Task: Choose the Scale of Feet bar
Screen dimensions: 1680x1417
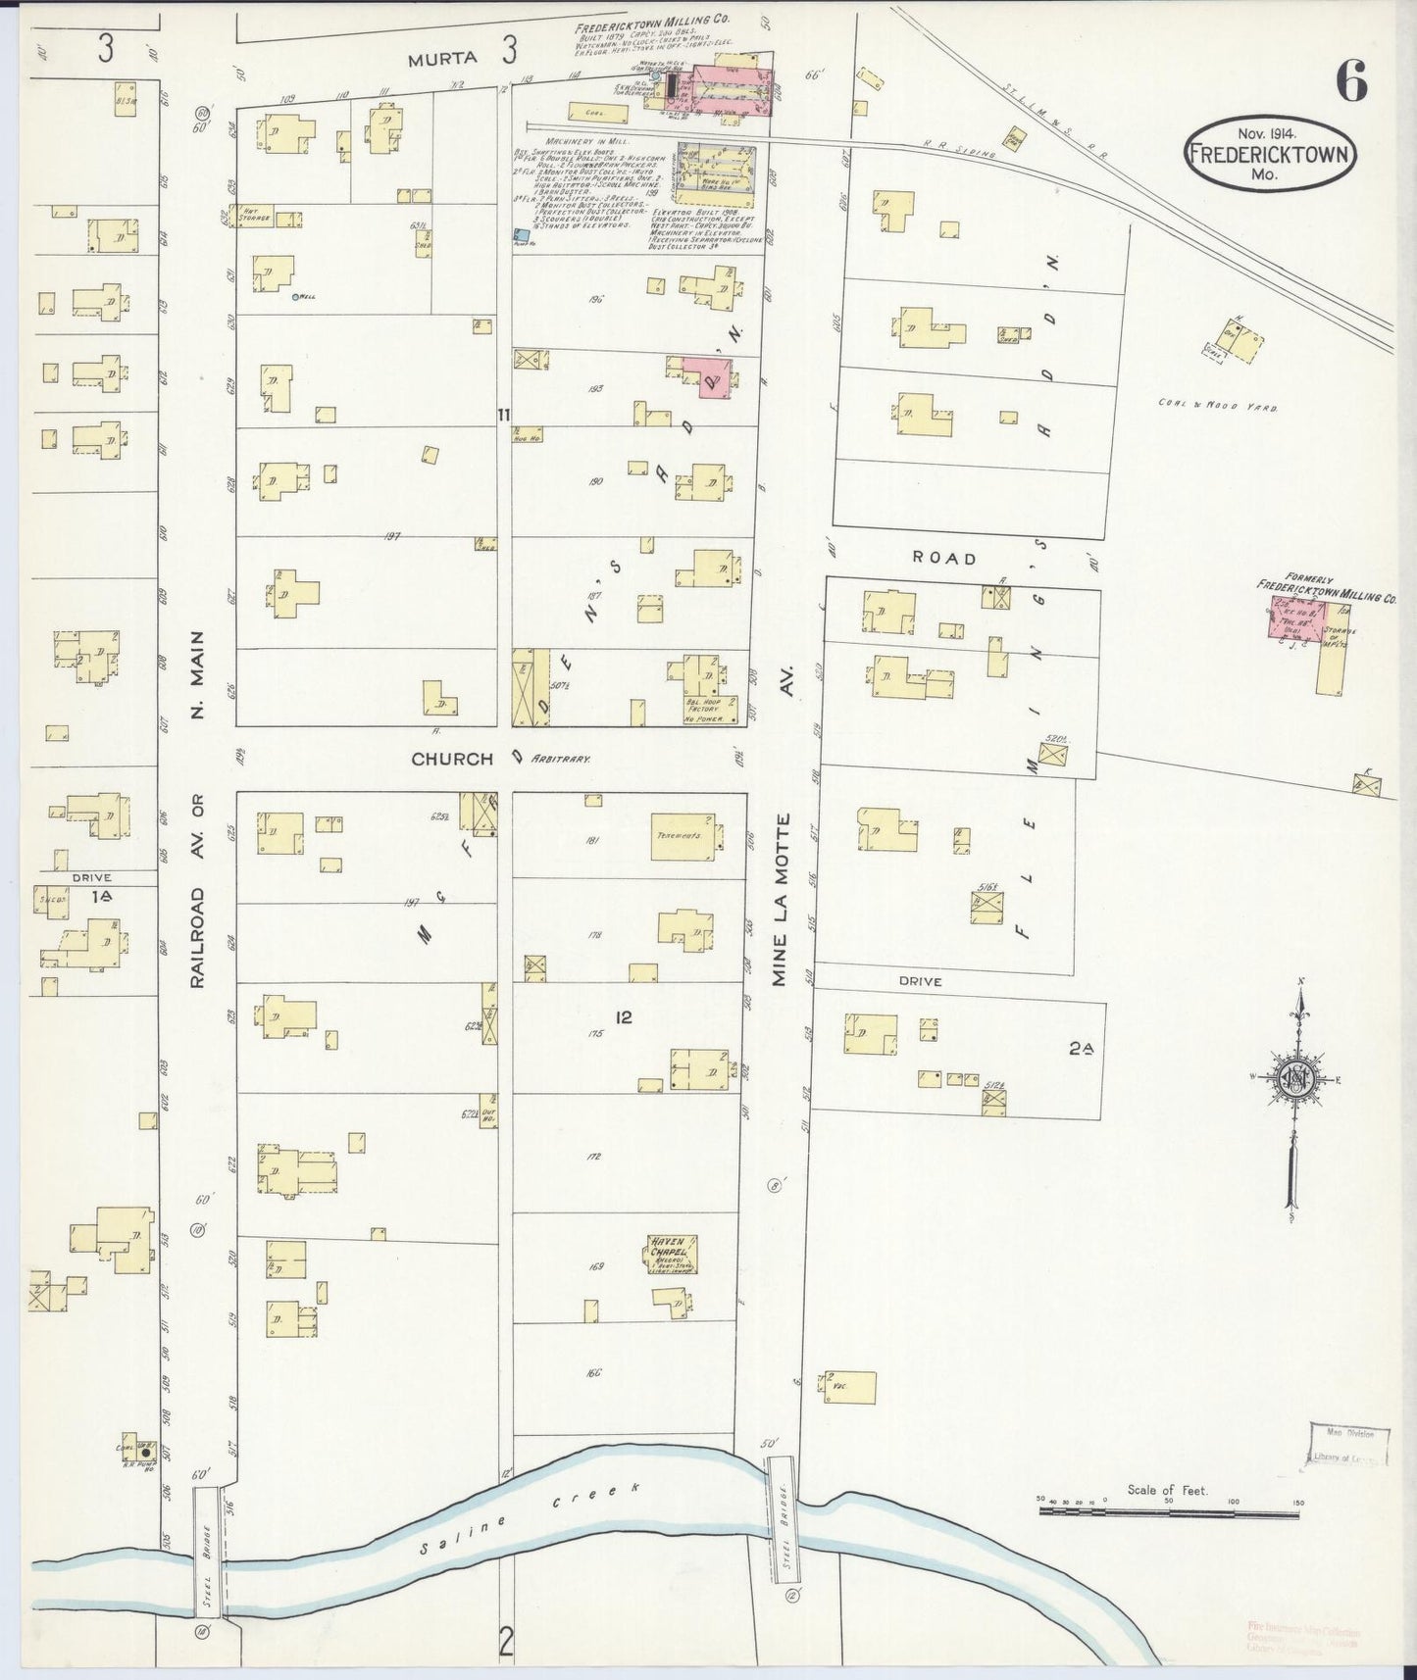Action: tap(1167, 1510)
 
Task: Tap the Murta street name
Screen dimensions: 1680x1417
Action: tap(444, 58)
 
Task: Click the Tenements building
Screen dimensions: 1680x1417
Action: tap(685, 835)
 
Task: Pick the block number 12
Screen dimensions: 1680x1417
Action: tap(623, 1017)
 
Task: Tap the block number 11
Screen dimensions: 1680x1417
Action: tap(503, 416)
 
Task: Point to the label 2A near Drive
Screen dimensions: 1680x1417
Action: tap(1082, 1049)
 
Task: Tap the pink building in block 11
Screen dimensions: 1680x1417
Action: tap(708, 376)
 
